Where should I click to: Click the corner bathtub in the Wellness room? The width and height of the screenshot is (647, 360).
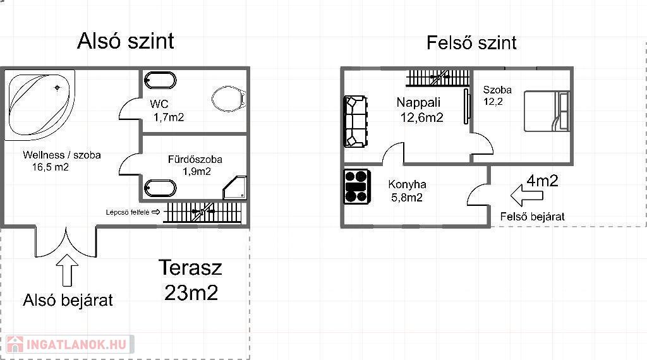(x=40, y=105)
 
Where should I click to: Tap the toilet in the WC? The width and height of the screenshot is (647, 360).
(x=229, y=99)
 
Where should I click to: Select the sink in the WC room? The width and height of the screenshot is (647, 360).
(x=160, y=80)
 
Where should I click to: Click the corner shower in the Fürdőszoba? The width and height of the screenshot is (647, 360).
(x=235, y=188)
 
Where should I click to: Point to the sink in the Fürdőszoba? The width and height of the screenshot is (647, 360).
(x=160, y=188)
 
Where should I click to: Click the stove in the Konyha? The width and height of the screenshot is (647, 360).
(x=357, y=187)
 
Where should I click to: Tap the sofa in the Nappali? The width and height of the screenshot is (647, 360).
(x=355, y=122)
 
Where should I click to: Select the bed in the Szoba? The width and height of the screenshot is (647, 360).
(x=547, y=111)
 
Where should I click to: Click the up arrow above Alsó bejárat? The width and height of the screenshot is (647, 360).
(x=67, y=270)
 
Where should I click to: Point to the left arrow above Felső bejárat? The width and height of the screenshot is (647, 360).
(x=526, y=195)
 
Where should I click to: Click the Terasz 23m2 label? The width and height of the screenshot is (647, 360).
(x=191, y=280)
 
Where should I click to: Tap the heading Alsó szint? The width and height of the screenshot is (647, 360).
(x=126, y=41)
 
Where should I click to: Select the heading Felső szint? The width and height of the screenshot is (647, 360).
(x=471, y=43)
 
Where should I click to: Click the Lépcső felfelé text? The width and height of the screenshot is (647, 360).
(x=128, y=212)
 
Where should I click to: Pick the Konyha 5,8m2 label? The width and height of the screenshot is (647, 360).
(x=407, y=191)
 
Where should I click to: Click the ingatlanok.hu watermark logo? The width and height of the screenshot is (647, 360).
(x=70, y=344)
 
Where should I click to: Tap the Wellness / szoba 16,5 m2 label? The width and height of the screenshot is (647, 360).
(x=62, y=161)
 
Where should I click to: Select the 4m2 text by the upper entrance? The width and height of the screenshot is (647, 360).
(x=542, y=181)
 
